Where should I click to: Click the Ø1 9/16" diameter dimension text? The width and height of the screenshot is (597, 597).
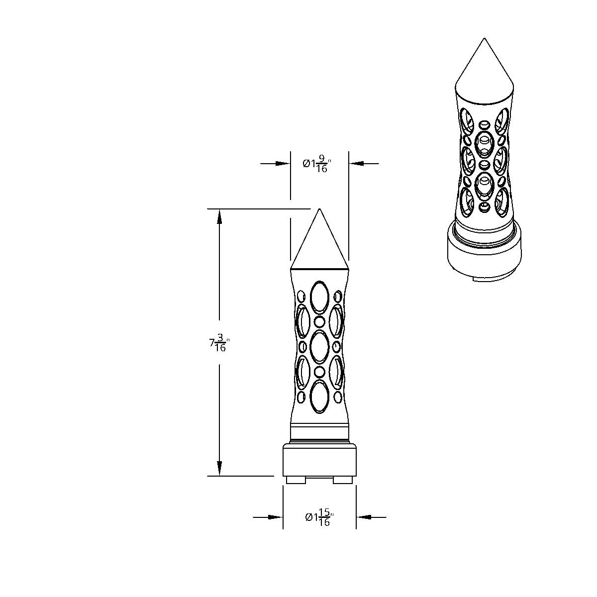coord(315,164)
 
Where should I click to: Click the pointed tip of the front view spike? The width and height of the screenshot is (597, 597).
coord(319,208)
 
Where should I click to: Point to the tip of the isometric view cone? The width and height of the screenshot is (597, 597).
coord(484,38)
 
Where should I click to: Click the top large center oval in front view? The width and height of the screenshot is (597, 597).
coord(319,297)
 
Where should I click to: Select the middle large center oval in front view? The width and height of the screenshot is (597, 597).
coord(319,347)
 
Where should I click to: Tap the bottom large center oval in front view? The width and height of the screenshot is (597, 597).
coord(319,397)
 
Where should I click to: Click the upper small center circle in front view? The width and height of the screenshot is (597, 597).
coord(319,322)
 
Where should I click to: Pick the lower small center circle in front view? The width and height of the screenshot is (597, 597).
coord(319,372)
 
